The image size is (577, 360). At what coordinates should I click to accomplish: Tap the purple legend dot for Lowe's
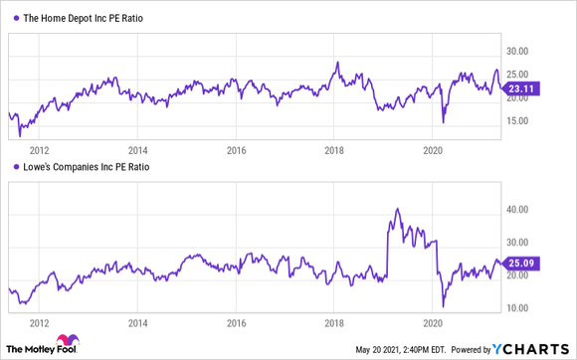(12, 168)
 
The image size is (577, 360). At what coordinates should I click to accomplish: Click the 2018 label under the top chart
(335, 152)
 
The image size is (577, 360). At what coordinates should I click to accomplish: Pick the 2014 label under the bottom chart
(138, 323)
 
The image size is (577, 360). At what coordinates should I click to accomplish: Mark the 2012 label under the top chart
(40, 152)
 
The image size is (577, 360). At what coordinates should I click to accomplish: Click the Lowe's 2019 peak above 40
(397, 209)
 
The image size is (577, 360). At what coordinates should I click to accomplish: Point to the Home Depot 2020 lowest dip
(444, 121)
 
